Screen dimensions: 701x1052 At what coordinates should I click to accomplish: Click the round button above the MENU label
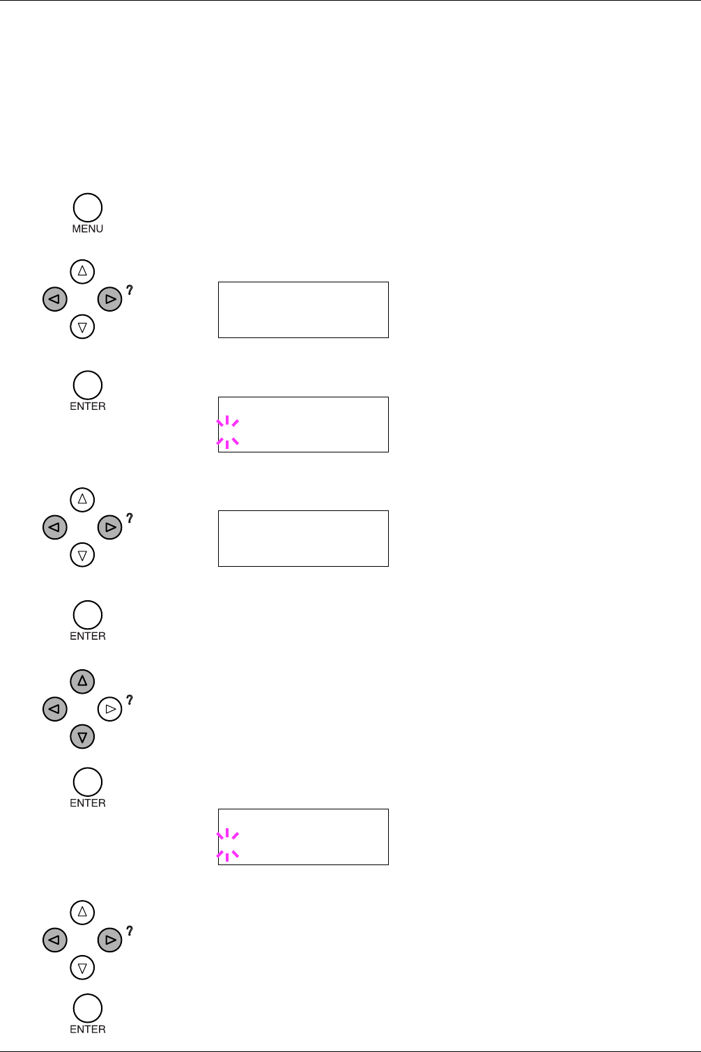tap(88, 208)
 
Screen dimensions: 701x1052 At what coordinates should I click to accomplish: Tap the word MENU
tap(88, 229)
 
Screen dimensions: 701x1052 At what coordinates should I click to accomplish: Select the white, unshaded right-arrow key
tap(109, 709)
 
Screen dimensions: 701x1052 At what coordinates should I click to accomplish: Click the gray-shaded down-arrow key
tap(82, 736)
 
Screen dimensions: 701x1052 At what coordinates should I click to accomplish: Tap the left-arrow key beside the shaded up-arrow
tap(55, 709)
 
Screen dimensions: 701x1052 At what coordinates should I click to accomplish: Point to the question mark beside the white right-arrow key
tap(130, 700)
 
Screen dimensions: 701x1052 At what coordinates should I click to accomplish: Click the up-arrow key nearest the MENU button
tap(82, 271)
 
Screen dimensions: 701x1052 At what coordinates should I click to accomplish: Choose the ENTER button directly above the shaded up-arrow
tap(88, 615)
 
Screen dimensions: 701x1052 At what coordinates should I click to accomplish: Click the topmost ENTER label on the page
tap(88, 406)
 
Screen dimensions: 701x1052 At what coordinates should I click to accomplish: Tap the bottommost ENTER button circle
tap(88, 1008)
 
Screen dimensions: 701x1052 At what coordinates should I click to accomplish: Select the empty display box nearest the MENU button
tap(303, 310)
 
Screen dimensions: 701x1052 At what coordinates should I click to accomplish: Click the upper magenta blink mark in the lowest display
tap(228, 834)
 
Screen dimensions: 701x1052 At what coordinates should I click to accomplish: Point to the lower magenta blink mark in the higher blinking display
tap(228, 441)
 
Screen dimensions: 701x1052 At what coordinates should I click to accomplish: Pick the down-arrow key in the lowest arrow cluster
tap(82, 967)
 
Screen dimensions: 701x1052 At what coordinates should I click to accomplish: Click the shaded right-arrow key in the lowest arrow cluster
tap(109, 940)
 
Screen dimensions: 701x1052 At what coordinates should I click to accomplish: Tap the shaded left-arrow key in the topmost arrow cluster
tap(55, 299)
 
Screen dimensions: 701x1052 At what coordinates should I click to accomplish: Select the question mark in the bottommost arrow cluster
tap(130, 931)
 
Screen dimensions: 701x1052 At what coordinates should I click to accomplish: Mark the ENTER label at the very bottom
tap(88, 1029)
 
